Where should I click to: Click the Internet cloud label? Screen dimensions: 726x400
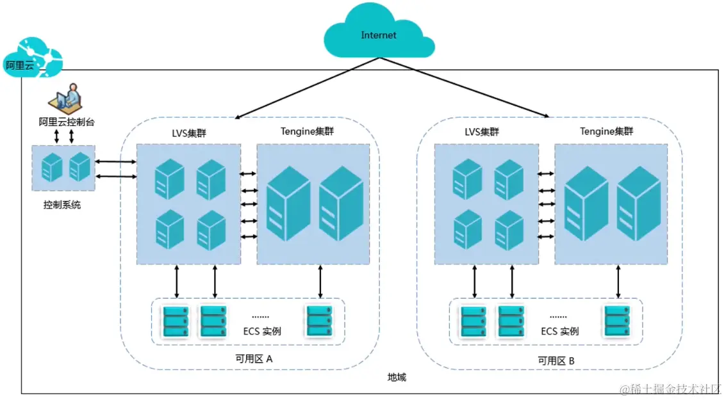click(378, 35)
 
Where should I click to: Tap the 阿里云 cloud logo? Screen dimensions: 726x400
click(33, 58)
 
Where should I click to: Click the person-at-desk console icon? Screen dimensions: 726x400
click(66, 99)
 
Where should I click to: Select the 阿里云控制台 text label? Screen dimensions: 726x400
click(67, 122)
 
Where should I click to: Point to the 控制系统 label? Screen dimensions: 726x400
click(62, 205)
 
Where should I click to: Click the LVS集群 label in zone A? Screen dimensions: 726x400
click(189, 133)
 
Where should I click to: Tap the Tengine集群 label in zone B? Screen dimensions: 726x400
click(606, 131)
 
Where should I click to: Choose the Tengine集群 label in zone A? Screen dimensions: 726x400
click(307, 131)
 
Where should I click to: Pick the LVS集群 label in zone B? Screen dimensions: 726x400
click(481, 132)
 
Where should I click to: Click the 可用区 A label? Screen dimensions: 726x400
click(254, 359)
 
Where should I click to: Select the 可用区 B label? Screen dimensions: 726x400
click(556, 361)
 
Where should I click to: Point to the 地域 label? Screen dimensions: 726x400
click(397, 378)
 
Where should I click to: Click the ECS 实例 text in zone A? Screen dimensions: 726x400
click(262, 331)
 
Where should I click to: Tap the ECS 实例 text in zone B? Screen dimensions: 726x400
click(560, 331)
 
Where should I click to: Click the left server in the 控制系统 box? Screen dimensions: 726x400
click(52, 167)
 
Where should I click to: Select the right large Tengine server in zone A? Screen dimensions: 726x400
click(342, 204)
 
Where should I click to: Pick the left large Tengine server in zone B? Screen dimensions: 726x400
click(586, 204)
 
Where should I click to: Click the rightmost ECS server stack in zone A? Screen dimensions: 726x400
click(320, 321)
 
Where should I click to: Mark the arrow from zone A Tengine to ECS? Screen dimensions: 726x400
click(320, 281)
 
